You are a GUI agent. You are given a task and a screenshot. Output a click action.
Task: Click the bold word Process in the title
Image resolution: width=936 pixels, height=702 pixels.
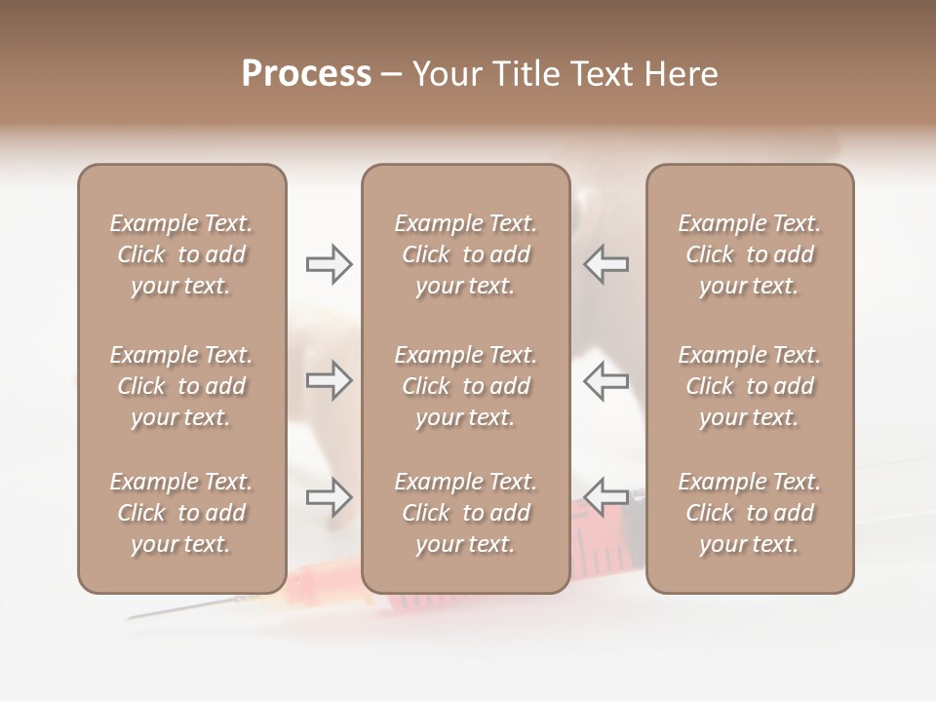coord(306,74)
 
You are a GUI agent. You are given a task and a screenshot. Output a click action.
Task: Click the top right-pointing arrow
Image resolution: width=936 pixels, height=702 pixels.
coord(329,264)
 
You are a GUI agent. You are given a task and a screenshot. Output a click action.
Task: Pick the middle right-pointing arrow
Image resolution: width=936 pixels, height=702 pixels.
coord(329,380)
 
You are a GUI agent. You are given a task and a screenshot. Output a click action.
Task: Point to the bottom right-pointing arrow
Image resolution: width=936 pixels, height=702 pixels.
coord(329,497)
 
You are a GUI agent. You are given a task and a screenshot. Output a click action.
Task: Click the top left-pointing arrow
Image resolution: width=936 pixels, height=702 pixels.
coord(606,264)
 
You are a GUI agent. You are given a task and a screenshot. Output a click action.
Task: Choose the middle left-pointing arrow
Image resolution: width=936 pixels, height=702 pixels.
coord(606,380)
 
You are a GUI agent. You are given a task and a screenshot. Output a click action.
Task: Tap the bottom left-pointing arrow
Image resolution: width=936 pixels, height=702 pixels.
coord(606,497)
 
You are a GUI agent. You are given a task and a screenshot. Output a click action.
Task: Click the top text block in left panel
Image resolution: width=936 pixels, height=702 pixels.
coord(181,254)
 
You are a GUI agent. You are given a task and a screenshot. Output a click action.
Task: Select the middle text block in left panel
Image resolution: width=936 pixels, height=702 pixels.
coord(181,386)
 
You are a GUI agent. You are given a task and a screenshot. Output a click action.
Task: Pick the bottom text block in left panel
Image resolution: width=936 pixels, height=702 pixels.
coord(181,513)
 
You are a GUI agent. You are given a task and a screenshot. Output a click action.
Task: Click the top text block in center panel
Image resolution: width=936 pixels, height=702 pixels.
coord(465,254)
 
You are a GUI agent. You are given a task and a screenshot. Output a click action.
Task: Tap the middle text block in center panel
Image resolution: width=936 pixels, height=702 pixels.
coord(465,386)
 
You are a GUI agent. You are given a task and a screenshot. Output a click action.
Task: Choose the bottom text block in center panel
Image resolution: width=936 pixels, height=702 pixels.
coord(465,513)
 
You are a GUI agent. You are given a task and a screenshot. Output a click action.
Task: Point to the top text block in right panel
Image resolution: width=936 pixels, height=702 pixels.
coord(750,254)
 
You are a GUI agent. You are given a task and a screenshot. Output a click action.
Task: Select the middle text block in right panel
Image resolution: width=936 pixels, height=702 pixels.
coord(750,386)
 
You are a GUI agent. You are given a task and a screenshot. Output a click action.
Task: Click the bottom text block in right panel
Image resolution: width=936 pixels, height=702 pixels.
coord(750,513)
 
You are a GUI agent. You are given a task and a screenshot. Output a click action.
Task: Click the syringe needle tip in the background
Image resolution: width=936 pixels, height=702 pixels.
coord(128,618)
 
